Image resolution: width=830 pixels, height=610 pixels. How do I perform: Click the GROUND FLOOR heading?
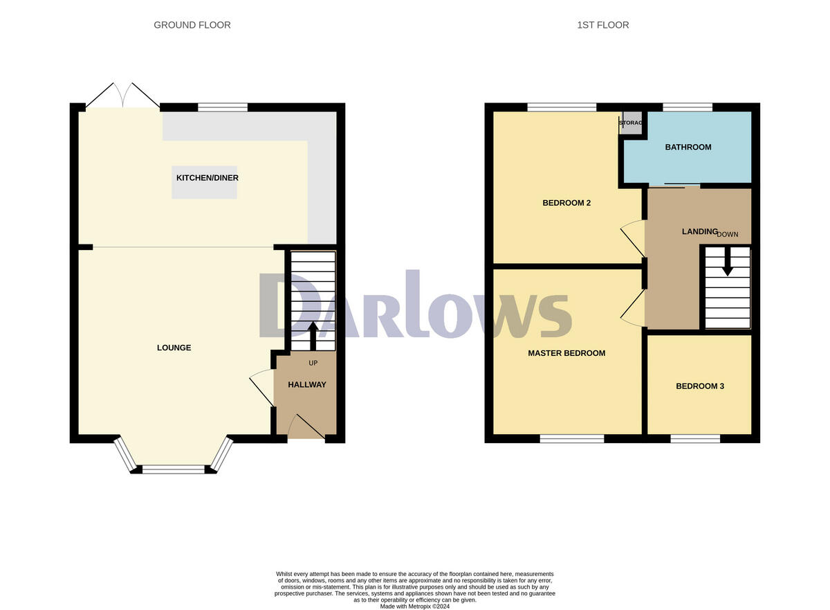tap(192, 25)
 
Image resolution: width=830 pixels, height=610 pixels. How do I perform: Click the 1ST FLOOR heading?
tap(602, 25)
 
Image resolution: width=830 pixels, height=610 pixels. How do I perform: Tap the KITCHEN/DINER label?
tap(207, 178)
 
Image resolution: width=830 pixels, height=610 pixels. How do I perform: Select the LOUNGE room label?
tap(174, 348)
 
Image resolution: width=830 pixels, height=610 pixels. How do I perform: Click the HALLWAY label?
tap(306, 385)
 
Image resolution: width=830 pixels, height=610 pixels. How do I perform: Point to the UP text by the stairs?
tap(313, 363)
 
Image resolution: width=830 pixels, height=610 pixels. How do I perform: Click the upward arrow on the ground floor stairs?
tap(312, 335)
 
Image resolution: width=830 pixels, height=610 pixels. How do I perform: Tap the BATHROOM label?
tap(688, 147)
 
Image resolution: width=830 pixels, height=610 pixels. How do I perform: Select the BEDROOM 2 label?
tap(566, 203)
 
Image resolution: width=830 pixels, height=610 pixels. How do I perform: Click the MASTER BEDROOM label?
tap(566, 353)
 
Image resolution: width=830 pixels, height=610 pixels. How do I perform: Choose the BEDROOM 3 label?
tap(699, 386)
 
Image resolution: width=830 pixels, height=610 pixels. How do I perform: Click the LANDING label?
tap(699, 231)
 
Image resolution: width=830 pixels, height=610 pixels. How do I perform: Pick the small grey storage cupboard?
tap(631, 122)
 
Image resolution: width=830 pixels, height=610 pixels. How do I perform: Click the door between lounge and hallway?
tap(261, 388)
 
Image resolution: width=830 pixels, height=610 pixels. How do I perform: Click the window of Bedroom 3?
tap(694, 438)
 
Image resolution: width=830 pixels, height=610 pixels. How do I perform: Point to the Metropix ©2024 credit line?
tap(414, 607)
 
